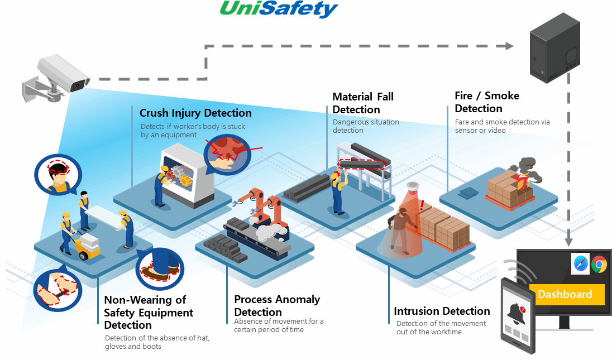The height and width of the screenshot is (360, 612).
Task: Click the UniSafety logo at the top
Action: [x=279, y=9]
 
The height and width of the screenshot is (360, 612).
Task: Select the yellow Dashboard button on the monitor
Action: [x=565, y=295]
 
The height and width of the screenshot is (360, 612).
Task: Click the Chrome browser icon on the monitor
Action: [x=599, y=263]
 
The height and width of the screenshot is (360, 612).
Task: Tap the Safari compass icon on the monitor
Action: [x=580, y=263]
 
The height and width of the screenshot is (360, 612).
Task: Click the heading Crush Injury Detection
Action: [x=195, y=113]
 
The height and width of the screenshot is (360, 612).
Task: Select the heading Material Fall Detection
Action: [x=363, y=103]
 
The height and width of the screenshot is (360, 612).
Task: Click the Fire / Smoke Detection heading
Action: [x=486, y=102]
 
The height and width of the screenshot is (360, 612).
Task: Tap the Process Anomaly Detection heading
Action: [x=277, y=305]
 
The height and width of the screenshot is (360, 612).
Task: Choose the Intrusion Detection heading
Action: [x=442, y=311]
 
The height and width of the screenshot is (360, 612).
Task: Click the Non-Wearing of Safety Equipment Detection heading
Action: [x=149, y=312]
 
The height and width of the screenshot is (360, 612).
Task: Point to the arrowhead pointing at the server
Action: [x=508, y=46]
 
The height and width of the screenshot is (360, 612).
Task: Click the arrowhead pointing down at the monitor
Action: [x=568, y=242]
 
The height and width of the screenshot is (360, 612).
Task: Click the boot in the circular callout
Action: [x=153, y=271]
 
